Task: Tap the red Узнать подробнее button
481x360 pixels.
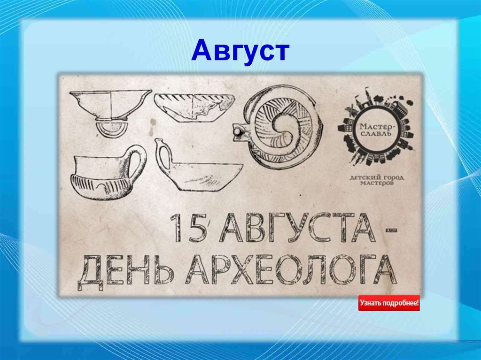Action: [x=389, y=303]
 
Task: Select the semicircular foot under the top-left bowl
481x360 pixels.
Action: [x=110, y=129]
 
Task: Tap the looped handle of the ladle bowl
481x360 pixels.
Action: [x=164, y=155]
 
